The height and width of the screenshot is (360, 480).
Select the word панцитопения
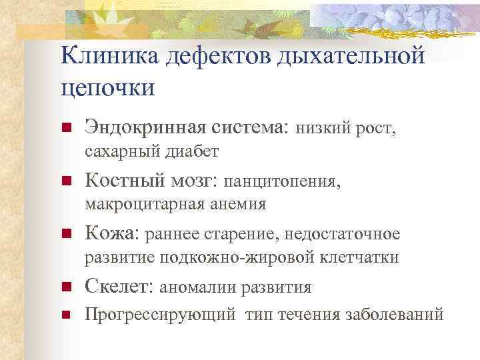[x=281, y=180]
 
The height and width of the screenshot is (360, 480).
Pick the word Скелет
[x=118, y=287]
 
